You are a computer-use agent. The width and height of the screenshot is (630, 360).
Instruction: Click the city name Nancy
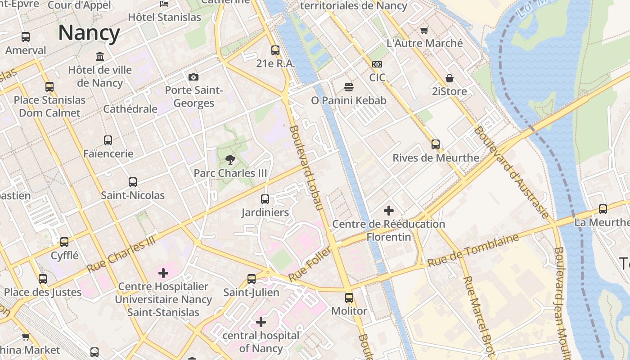(89, 33)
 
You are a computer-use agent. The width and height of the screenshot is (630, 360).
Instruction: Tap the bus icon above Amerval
(26, 37)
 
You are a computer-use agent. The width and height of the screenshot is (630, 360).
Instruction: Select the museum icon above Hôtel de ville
(100, 56)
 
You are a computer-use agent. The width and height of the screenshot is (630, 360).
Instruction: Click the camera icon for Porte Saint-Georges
(193, 77)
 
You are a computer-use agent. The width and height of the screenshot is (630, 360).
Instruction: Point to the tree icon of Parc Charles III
(230, 159)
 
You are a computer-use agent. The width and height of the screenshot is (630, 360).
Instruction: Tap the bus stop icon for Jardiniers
(265, 199)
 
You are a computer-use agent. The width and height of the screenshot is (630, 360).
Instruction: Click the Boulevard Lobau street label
(306, 168)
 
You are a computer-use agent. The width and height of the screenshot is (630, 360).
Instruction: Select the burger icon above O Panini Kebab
(348, 87)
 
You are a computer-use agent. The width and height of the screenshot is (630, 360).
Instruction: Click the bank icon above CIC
(377, 64)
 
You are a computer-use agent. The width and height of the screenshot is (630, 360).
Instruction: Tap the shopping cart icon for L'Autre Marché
(424, 30)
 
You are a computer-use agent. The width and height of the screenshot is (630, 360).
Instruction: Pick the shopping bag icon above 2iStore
(449, 78)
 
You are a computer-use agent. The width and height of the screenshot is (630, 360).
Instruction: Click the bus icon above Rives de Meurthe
(436, 144)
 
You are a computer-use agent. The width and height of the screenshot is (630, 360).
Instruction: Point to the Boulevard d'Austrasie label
(511, 172)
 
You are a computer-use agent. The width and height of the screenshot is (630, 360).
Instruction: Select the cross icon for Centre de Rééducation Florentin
(389, 210)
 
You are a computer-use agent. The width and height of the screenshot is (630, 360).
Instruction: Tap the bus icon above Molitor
(349, 297)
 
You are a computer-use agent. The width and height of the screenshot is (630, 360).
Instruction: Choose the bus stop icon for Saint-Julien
(252, 279)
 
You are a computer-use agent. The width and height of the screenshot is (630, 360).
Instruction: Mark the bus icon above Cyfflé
(64, 242)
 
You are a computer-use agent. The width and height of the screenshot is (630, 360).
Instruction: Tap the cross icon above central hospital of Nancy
(261, 322)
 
